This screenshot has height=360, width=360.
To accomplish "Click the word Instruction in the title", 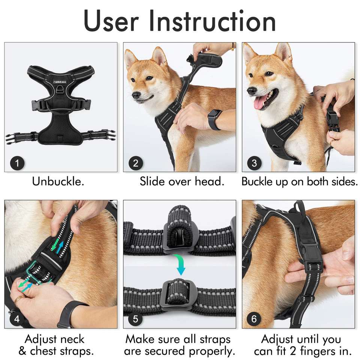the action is pos(212,21).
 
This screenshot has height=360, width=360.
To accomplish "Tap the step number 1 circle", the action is pos(17,163).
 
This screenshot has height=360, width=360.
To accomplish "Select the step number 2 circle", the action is pos(136,163).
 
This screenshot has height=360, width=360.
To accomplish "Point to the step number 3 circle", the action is pos(254,163).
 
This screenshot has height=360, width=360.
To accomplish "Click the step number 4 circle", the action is pos(17,319).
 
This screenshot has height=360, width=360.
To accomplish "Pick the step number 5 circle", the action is pos(136,319).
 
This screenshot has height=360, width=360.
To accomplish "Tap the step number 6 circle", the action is pos(254,319).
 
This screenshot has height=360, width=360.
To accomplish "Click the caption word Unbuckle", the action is pos(58,181).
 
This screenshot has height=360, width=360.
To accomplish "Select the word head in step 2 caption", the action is pos(209,181).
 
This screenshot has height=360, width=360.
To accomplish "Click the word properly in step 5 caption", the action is pos(211,351).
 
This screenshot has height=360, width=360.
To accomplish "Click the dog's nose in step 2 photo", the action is pos(136,94).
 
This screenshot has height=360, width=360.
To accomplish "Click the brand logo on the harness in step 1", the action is pos(60,82).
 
